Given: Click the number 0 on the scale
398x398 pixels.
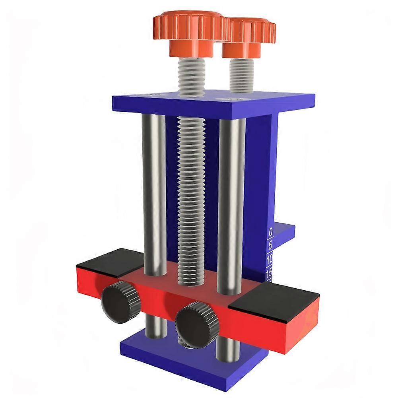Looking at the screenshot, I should tap(271, 231).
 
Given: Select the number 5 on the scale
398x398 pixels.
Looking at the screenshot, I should tap(271, 245).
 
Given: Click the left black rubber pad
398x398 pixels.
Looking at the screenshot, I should tap(108, 262).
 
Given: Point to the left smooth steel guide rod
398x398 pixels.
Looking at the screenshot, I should tap(154, 191).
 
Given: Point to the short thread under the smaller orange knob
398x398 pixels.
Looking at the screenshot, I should tap(241, 76).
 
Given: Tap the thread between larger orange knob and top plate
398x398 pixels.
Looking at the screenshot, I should tap(191, 76).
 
